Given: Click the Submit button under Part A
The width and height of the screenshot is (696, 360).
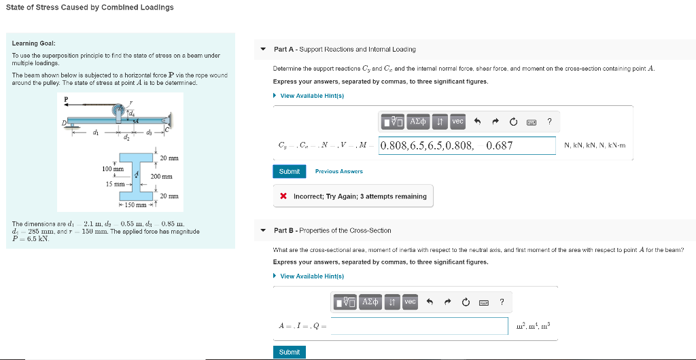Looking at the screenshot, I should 289,171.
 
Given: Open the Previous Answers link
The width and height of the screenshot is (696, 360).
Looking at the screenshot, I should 338,172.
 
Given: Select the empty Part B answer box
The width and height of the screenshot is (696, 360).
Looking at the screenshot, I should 419,326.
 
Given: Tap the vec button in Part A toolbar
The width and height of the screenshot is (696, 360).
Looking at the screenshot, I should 457,122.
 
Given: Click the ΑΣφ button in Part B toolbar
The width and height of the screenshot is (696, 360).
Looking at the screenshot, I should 370,302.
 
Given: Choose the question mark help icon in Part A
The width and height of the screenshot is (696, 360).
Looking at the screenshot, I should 549,122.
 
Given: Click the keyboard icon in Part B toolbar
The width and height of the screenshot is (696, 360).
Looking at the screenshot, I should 484,302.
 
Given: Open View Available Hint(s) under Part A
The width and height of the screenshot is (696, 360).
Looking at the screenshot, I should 312,96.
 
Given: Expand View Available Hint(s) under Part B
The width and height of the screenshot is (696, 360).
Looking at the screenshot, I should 312,276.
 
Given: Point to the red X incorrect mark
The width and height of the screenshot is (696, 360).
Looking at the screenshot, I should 283,196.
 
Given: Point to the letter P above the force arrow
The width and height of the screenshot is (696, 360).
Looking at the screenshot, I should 67,98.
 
